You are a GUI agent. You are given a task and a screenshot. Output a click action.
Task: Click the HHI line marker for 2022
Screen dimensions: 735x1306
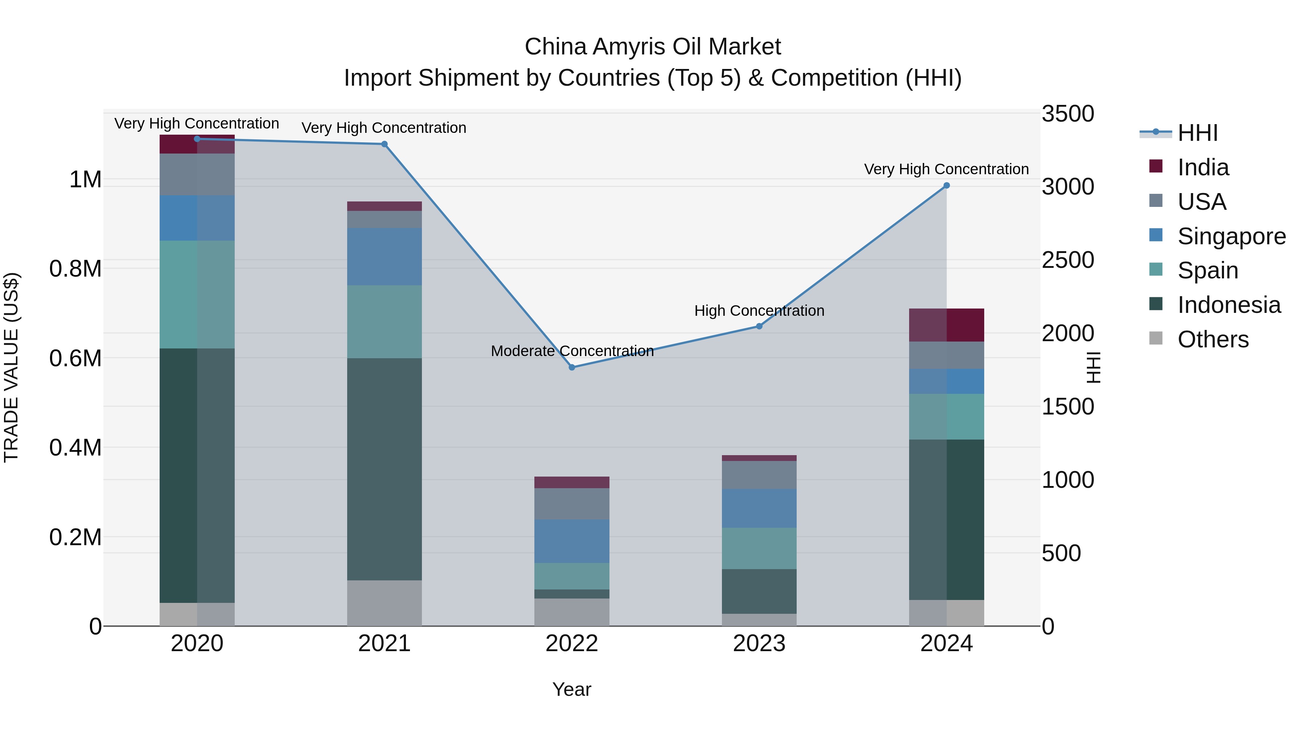coord(572,367)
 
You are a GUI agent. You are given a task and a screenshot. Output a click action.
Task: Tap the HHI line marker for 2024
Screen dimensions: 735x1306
coord(946,185)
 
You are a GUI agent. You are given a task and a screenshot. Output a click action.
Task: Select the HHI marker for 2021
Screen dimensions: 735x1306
coord(384,144)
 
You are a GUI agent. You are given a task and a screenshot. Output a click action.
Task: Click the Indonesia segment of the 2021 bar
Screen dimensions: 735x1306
coord(384,469)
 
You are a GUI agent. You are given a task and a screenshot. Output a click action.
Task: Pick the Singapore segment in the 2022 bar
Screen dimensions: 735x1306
coord(572,541)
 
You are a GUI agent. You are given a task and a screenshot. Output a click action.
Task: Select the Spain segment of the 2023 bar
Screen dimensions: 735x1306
coord(759,548)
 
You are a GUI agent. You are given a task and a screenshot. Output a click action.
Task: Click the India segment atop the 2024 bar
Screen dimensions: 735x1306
coord(946,325)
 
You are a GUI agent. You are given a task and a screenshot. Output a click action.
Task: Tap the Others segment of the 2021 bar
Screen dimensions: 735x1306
coord(384,603)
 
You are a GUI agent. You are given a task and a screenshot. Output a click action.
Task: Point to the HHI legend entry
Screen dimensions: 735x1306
coord(1197,133)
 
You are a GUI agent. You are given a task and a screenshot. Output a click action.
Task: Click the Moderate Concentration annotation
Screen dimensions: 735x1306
coord(572,351)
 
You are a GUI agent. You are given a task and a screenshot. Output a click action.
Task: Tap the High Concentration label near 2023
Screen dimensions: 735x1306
coord(759,311)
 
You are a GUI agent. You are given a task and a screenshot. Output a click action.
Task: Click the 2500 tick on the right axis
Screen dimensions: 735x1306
coord(1068,260)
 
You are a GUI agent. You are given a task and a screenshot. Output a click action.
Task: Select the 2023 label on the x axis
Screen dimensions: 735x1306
coord(759,644)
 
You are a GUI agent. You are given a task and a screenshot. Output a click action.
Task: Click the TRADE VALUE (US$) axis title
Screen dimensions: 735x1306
coord(11,367)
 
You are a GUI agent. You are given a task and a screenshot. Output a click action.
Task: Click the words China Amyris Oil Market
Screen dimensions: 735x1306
coord(653,47)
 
